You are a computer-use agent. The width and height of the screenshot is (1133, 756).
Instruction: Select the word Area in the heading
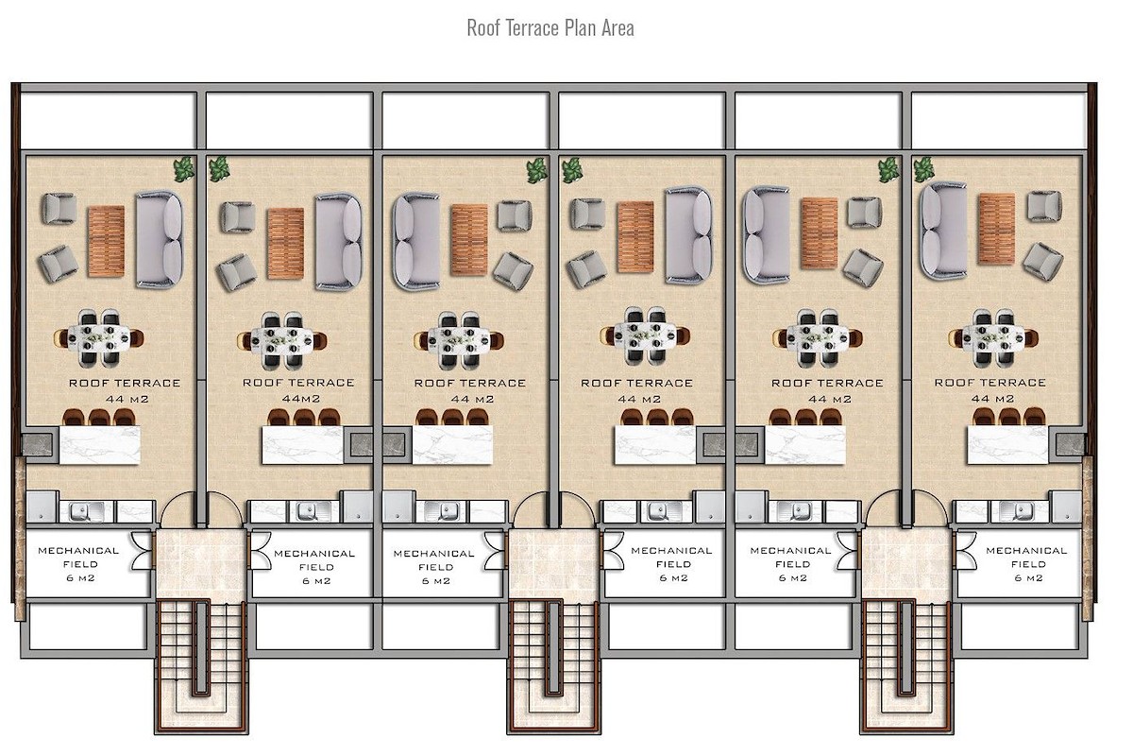pos(617,27)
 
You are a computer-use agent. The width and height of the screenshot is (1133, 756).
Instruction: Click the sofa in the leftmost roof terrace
pos(160,239)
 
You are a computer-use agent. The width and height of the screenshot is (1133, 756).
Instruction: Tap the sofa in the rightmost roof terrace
pos(943,231)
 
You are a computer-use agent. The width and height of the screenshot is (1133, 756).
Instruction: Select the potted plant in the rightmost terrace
pos(923,170)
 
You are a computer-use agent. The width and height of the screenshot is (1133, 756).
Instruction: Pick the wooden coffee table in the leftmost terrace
pos(106,241)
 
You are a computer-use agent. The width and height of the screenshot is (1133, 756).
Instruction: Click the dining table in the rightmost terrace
pos(993,337)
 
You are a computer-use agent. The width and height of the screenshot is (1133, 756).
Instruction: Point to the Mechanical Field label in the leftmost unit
pos(78,557)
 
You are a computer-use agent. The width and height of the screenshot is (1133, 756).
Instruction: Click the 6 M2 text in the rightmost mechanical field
pos(1028,577)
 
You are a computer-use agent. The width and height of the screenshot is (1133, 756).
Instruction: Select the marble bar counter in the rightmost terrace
pos(1007,444)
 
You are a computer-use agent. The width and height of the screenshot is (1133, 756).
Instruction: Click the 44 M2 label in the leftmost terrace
pos(127,399)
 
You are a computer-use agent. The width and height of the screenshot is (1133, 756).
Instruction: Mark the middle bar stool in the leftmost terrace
pos(99,418)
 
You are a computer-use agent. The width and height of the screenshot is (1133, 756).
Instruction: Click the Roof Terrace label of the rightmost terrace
pos(989,383)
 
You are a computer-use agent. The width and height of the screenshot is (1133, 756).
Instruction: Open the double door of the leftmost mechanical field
pos(143,549)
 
